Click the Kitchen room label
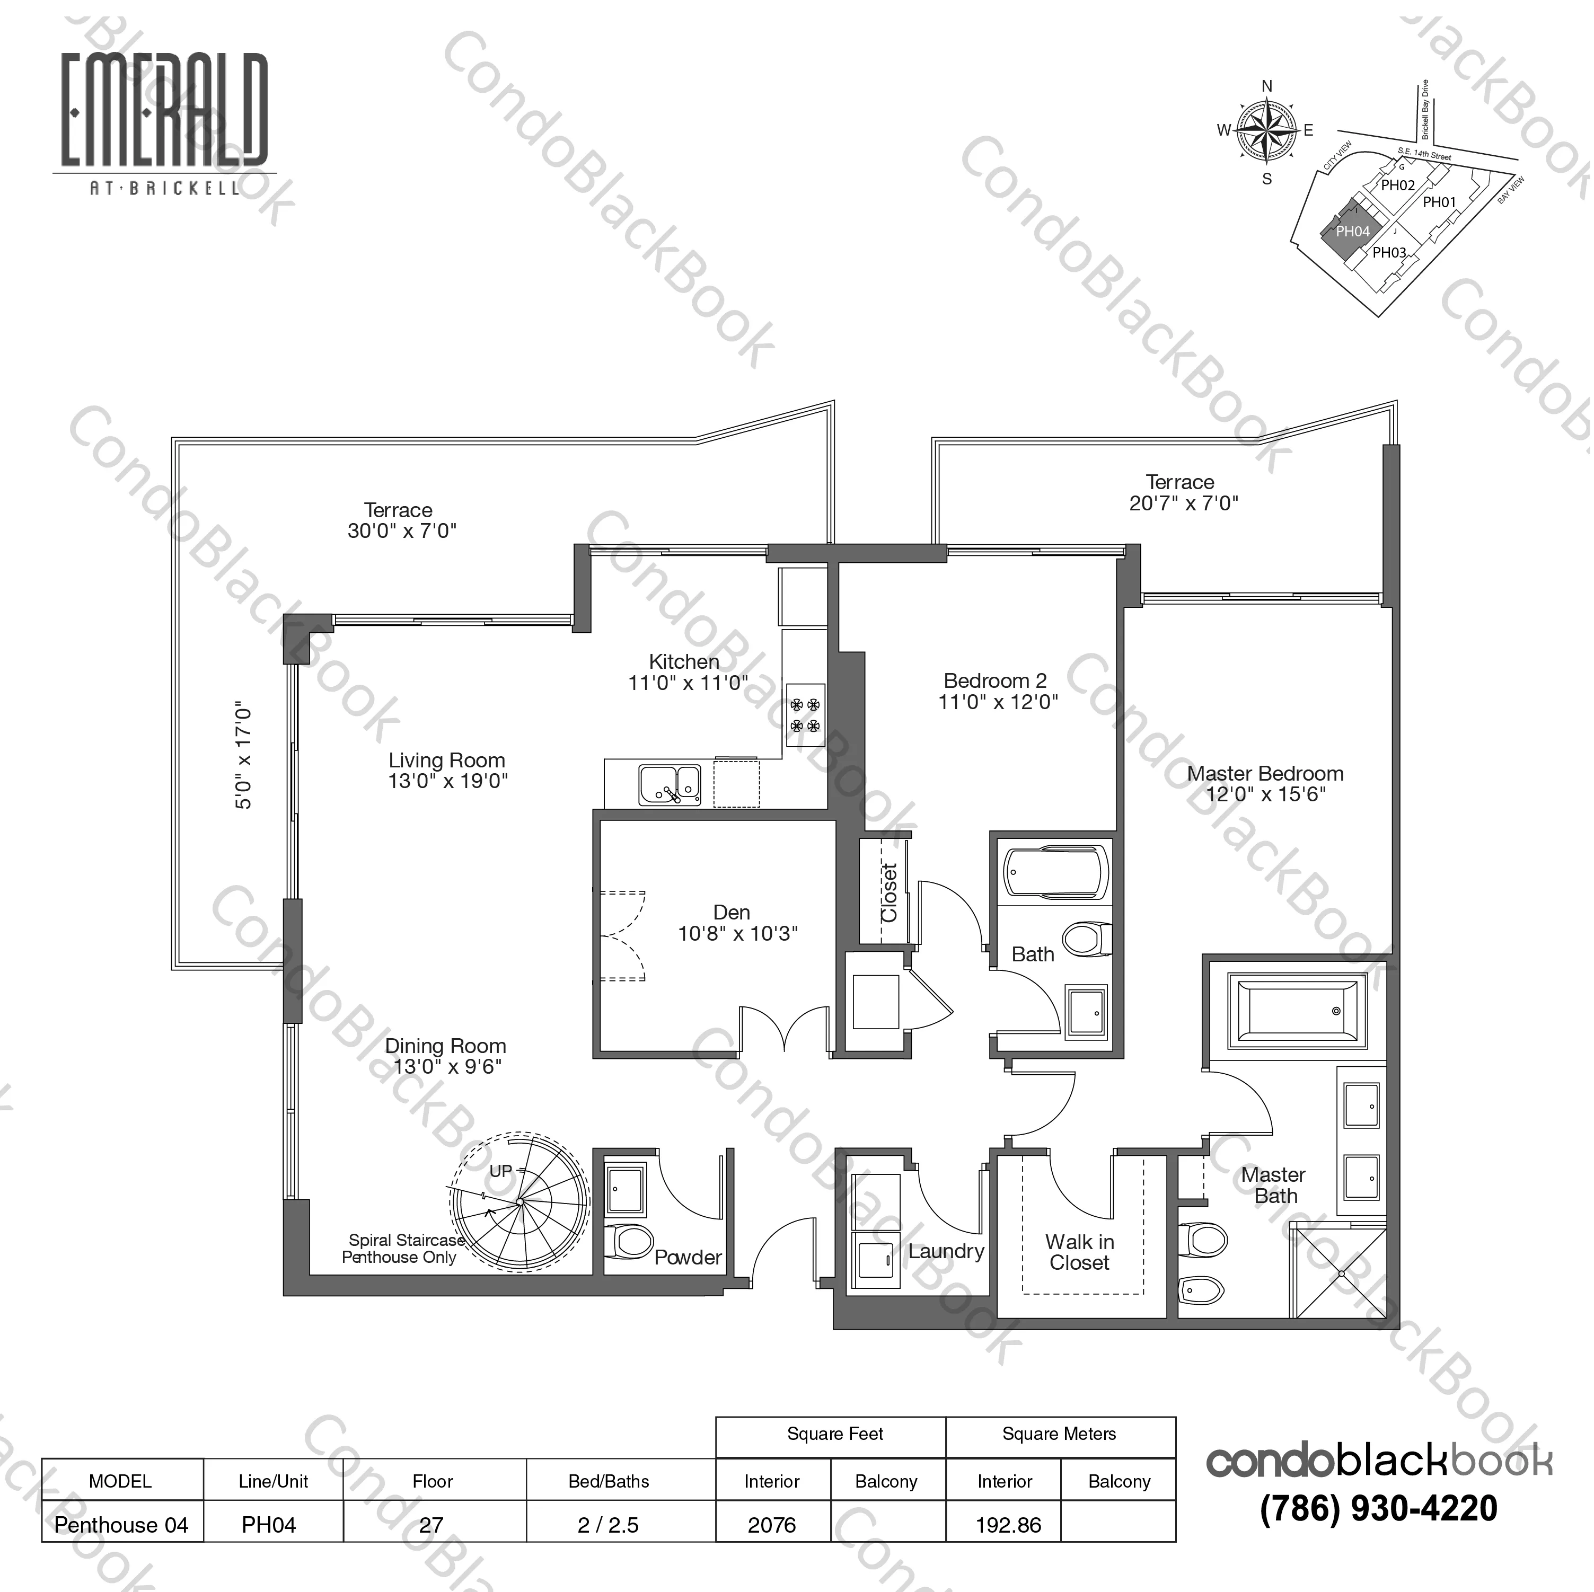(684, 661)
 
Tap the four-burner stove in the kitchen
(805, 715)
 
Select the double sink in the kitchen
(670, 784)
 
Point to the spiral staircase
(520, 1204)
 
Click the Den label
(732, 912)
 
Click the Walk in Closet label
(1079, 1252)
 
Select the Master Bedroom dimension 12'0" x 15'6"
(1266, 794)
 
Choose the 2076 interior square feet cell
(772, 1525)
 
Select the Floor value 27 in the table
(431, 1525)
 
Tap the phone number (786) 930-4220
(1379, 1509)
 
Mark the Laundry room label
(946, 1251)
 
